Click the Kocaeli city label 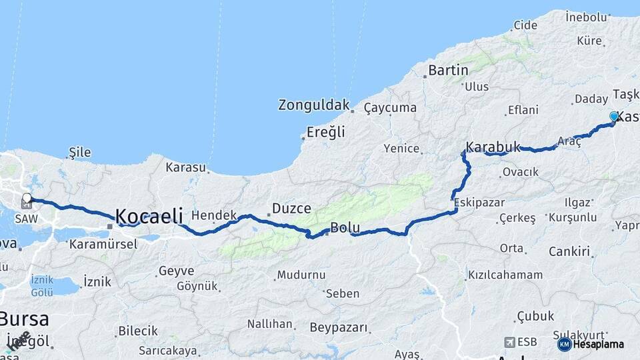pyautogui.click(x=149, y=216)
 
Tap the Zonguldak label pyautogui.click(x=313, y=105)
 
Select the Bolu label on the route pyautogui.click(x=345, y=228)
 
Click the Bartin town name pyautogui.click(x=448, y=70)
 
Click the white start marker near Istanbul pyautogui.click(x=27, y=198)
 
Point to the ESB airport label pyautogui.click(x=527, y=342)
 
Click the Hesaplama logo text pyautogui.click(x=599, y=344)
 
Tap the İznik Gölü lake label pyautogui.click(x=41, y=286)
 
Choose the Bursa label pyautogui.click(x=25, y=317)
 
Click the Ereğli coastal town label pyautogui.click(x=326, y=132)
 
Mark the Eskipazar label pyautogui.click(x=479, y=202)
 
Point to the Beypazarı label pyautogui.click(x=339, y=327)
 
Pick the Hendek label pyautogui.click(x=214, y=215)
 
